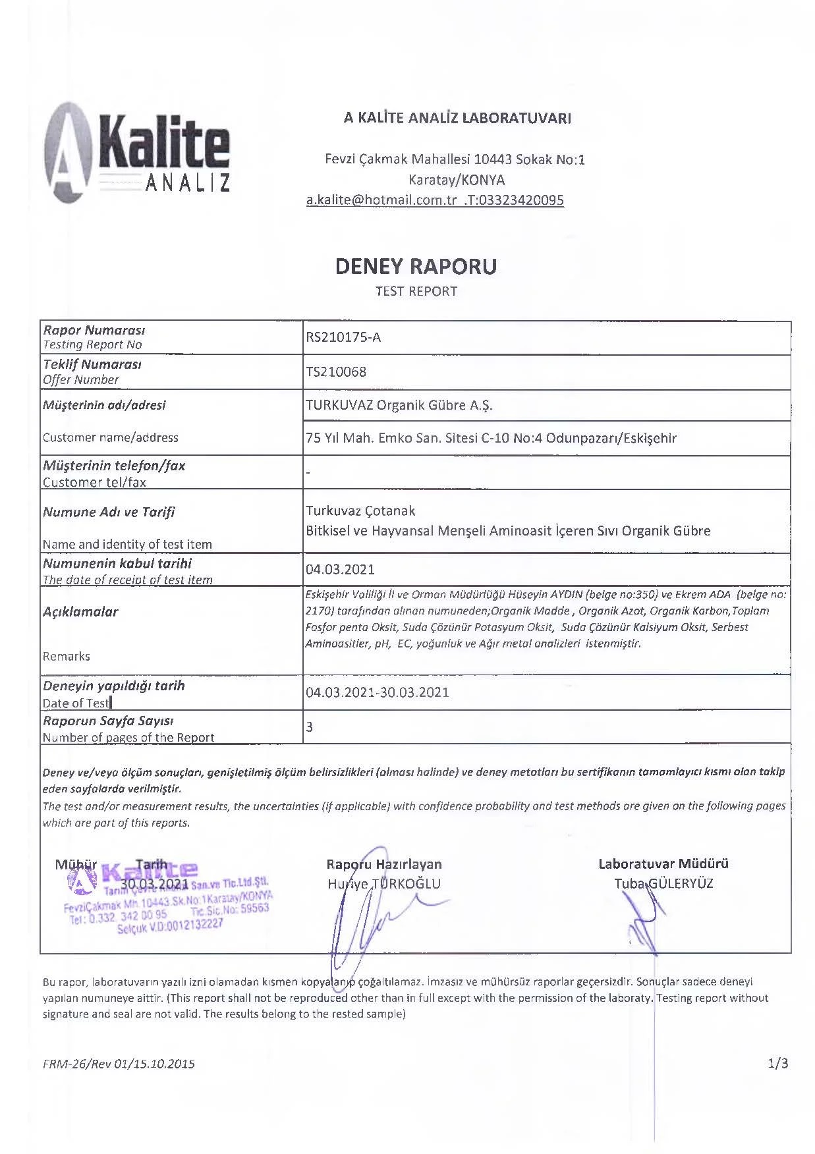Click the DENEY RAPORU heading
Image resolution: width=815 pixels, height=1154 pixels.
point(416,266)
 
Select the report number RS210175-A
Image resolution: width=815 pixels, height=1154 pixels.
point(343,338)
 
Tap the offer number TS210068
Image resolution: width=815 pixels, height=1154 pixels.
point(336,372)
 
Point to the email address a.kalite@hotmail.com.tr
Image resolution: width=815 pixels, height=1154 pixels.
point(381,200)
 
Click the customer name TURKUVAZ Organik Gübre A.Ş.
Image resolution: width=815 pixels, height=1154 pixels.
point(399,405)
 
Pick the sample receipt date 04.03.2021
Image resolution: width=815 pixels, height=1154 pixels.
point(340,569)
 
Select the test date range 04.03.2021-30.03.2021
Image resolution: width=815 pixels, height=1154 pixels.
point(378,692)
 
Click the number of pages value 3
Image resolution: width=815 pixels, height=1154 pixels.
point(310,727)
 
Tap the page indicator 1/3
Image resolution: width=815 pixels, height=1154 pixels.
point(777,1063)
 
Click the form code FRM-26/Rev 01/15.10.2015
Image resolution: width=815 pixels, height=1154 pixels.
point(119,1064)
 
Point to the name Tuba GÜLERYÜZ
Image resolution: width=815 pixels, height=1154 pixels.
point(663,884)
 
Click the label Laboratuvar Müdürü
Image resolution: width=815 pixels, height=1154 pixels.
point(663,864)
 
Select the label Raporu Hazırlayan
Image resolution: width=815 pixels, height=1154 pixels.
point(384,864)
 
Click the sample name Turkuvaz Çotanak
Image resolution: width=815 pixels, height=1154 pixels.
point(360,511)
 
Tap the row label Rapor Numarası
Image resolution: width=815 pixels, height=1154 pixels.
point(94,330)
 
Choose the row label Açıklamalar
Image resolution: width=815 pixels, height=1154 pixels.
point(80,612)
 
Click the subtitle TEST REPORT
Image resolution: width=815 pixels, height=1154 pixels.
point(416,291)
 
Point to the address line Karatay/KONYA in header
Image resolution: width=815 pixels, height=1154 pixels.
point(457,180)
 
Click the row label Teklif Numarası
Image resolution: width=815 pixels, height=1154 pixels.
point(92,364)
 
